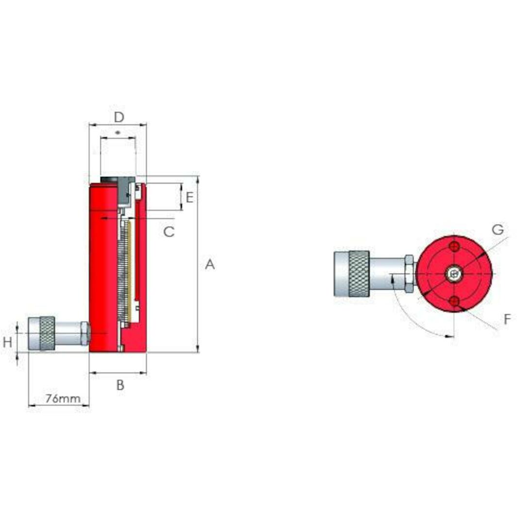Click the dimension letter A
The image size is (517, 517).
(x=209, y=265)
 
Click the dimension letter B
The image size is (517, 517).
(x=120, y=385)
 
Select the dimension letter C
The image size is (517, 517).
(x=168, y=232)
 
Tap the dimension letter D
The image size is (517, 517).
(x=119, y=117)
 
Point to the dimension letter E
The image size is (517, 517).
(x=190, y=197)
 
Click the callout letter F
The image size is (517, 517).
(x=507, y=319)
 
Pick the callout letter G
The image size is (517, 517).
(x=498, y=230)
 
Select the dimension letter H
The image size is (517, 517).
(x=7, y=343)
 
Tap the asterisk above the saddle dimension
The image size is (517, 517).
(x=117, y=132)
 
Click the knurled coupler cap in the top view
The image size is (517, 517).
(x=351, y=274)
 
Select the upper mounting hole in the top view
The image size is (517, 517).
(x=454, y=246)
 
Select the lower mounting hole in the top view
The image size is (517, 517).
(x=454, y=302)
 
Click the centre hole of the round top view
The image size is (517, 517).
(x=454, y=274)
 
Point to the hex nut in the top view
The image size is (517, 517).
(x=409, y=274)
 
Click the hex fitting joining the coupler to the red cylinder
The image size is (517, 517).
(x=86, y=333)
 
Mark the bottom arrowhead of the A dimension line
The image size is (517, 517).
(x=198, y=348)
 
